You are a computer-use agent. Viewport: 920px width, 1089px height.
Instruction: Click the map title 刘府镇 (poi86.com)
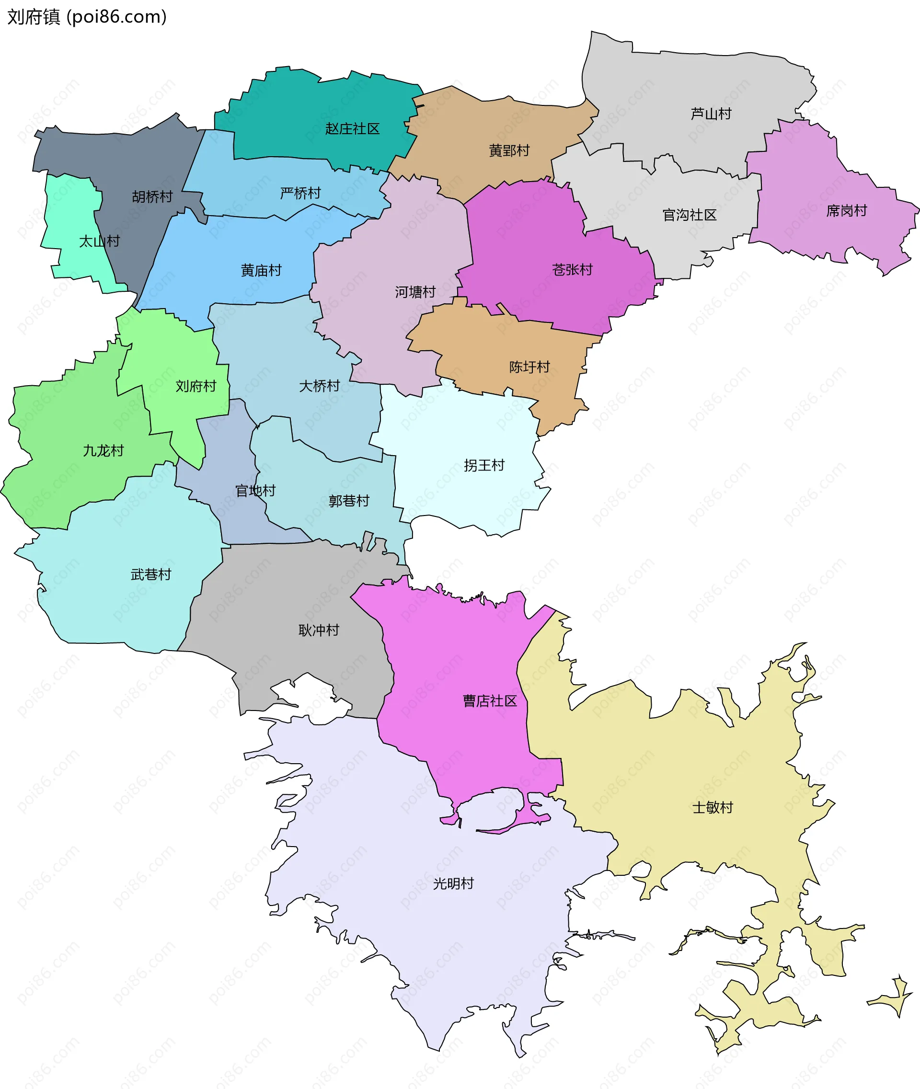click(x=87, y=17)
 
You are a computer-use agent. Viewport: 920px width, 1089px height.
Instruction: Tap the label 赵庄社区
click(x=352, y=129)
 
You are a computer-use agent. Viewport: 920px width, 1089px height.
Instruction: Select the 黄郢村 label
click(x=508, y=151)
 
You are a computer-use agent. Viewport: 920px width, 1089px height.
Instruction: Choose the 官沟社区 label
click(x=689, y=215)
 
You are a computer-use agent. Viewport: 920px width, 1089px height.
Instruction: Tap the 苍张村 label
click(x=572, y=270)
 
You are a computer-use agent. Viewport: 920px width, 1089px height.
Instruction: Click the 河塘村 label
click(x=414, y=292)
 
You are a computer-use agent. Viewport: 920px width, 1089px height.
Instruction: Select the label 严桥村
click(x=300, y=194)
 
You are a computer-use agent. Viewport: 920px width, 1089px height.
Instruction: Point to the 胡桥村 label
click(x=152, y=196)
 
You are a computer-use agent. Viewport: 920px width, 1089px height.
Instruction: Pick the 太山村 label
click(x=99, y=241)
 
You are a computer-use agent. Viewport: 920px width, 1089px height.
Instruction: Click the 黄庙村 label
click(x=261, y=270)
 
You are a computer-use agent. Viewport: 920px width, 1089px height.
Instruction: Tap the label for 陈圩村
click(x=529, y=367)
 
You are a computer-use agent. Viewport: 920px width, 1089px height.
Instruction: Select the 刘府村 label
click(x=195, y=386)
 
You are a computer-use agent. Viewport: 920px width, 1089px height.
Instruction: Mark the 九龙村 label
click(x=103, y=451)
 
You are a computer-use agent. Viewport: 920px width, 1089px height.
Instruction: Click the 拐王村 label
click(x=484, y=465)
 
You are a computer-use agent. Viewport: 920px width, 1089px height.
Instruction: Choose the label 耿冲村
click(x=319, y=630)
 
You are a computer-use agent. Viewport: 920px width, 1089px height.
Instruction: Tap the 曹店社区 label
click(x=490, y=701)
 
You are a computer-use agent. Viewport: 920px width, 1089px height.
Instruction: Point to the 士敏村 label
click(x=713, y=807)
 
